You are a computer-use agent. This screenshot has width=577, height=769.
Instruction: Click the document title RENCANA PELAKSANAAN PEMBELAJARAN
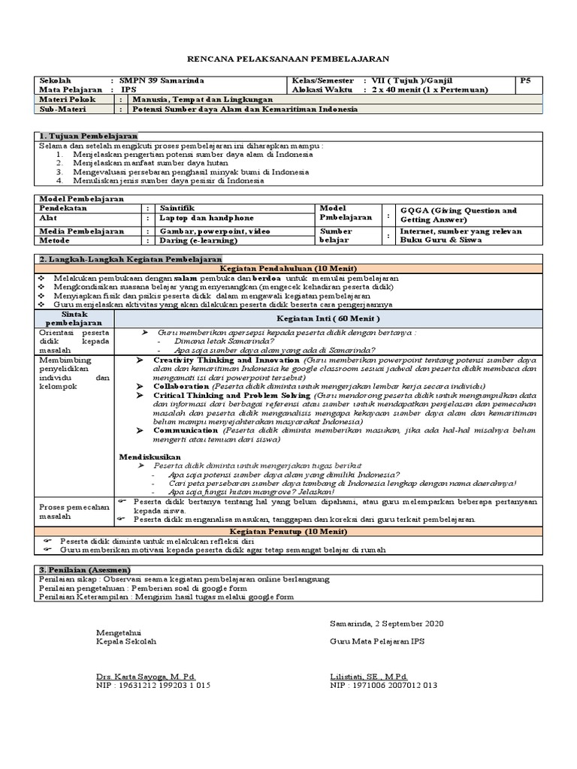pyautogui.click(x=288, y=60)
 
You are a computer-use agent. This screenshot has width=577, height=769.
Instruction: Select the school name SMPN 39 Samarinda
pyautogui.click(x=162, y=80)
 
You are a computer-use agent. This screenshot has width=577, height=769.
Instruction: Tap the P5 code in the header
pyautogui.click(x=525, y=80)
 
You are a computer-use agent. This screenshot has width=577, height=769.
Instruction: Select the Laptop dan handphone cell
pyautogui.click(x=196, y=218)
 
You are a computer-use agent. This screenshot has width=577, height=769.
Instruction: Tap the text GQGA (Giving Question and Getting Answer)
pyautogui.click(x=458, y=216)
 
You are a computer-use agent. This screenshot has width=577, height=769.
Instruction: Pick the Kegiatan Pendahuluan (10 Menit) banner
pyautogui.click(x=288, y=268)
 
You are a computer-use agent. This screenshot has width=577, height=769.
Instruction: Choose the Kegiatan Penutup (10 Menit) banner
pyautogui.click(x=288, y=531)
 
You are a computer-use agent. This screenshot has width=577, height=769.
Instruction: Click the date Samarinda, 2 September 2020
pyautogui.click(x=387, y=623)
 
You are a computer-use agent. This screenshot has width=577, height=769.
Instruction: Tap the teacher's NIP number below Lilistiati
pyautogui.click(x=383, y=686)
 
